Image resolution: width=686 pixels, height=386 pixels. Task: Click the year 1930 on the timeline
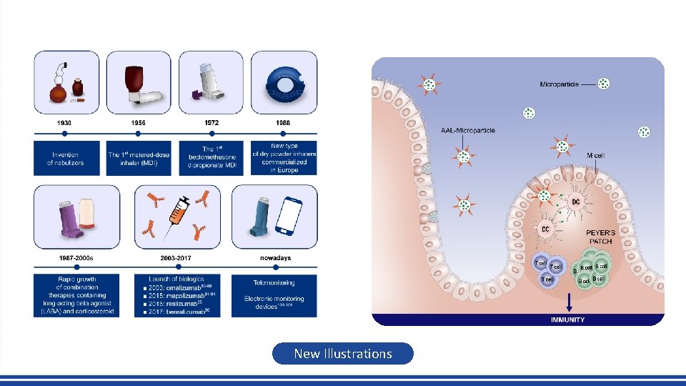(x=65, y=123)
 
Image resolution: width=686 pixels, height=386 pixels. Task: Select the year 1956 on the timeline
(x=139, y=123)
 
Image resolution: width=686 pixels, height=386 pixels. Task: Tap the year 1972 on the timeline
(x=212, y=123)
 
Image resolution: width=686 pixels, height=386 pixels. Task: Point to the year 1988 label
(x=284, y=123)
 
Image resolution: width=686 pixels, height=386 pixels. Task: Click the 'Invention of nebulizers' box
(x=66, y=159)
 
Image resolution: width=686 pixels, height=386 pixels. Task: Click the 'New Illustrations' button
(x=343, y=353)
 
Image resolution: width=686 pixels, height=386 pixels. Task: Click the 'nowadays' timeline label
(x=275, y=258)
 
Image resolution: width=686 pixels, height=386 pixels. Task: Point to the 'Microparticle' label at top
(x=559, y=84)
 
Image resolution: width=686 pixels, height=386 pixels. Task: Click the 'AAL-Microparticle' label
(x=468, y=131)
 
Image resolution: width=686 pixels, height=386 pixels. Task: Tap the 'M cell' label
(x=595, y=155)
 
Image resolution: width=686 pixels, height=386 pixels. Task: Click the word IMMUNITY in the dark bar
(x=568, y=320)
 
